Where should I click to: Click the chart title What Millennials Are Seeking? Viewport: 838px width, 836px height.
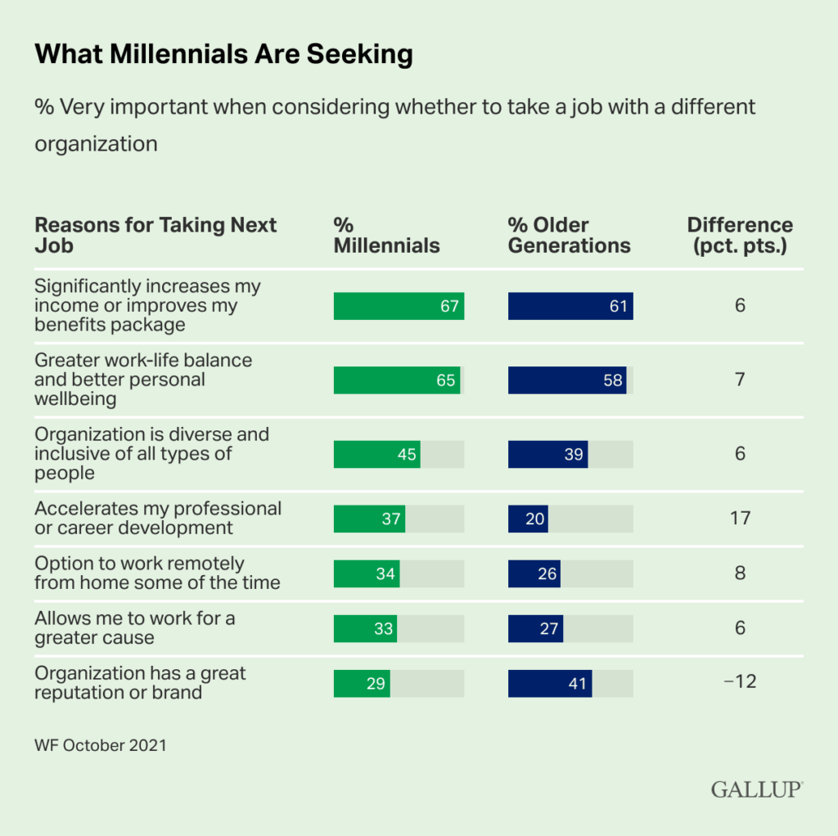(x=223, y=55)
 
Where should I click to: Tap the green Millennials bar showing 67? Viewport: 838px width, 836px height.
(x=399, y=306)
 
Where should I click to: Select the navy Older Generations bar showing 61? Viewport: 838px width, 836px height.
(x=570, y=306)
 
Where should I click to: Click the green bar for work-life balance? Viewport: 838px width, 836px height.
(x=397, y=380)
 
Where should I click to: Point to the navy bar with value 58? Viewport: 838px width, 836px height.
(x=567, y=380)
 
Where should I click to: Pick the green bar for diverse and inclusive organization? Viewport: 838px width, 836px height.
(x=376, y=454)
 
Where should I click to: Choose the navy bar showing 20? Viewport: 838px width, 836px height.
(x=528, y=519)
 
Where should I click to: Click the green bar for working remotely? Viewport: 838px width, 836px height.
(x=367, y=573)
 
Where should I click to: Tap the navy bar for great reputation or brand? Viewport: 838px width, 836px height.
(x=550, y=683)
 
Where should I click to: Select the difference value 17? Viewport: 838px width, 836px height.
(x=740, y=519)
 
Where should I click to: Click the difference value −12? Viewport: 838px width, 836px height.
(x=740, y=681)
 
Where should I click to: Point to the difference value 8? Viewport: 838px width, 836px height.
(x=740, y=573)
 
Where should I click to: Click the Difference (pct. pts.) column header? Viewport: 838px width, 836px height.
(x=740, y=236)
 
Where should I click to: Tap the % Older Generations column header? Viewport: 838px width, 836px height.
(x=569, y=236)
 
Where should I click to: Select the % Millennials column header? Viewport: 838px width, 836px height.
(x=386, y=236)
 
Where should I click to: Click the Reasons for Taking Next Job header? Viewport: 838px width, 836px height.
(x=155, y=236)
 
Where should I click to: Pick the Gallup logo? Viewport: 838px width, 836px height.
(x=756, y=789)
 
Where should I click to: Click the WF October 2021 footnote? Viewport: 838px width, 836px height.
(x=101, y=745)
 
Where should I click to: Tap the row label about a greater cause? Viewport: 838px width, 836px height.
(x=135, y=627)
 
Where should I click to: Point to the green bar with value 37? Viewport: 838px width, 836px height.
(x=369, y=519)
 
